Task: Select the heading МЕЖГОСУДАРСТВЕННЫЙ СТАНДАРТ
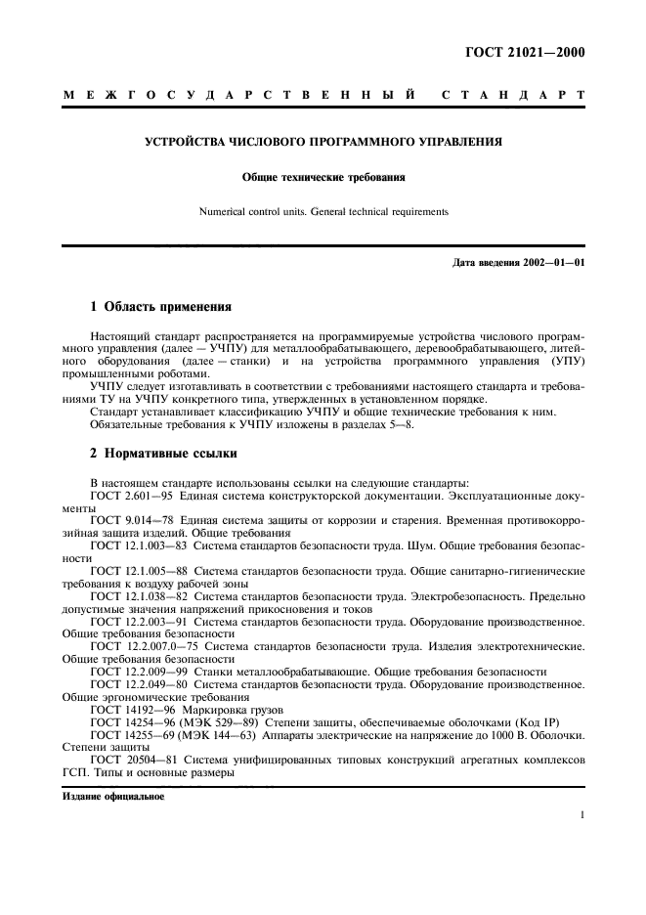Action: pos(323,96)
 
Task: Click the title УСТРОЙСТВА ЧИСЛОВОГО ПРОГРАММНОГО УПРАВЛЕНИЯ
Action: pos(323,142)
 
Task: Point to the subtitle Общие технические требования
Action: pos(323,178)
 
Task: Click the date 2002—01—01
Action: pos(553,262)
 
